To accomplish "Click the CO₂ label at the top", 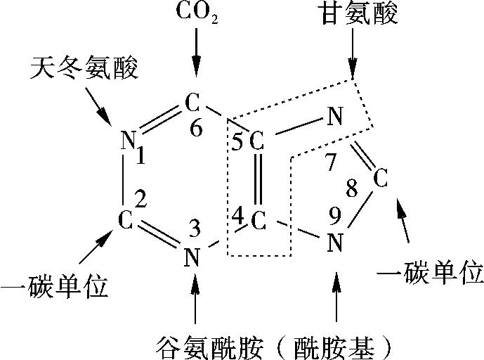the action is click(x=197, y=13).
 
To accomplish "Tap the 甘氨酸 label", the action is click(x=359, y=13).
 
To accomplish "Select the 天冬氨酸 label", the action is click(x=84, y=68).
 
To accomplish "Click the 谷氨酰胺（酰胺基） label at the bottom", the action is click(x=274, y=348).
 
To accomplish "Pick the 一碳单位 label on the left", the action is click(x=54, y=286).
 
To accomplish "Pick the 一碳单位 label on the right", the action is click(x=430, y=273).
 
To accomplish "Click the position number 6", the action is click(x=196, y=127).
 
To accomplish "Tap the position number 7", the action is click(x=331, y=162).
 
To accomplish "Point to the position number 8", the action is click(x=351, y=188).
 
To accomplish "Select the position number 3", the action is click(x=195, y=228).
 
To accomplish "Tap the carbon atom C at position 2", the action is click(x=126, y=220).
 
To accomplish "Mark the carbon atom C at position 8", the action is click(x=380, y=178).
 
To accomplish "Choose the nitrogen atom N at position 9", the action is click(x=335, y=243).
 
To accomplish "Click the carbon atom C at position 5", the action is click(x=257, y=141).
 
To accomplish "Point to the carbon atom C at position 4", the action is click(x=259, y=221).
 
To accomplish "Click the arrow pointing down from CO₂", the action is click(x=196, y=53).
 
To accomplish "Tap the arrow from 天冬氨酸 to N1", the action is click(x=98, y=106).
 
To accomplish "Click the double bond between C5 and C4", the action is click(x=258, y=179).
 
